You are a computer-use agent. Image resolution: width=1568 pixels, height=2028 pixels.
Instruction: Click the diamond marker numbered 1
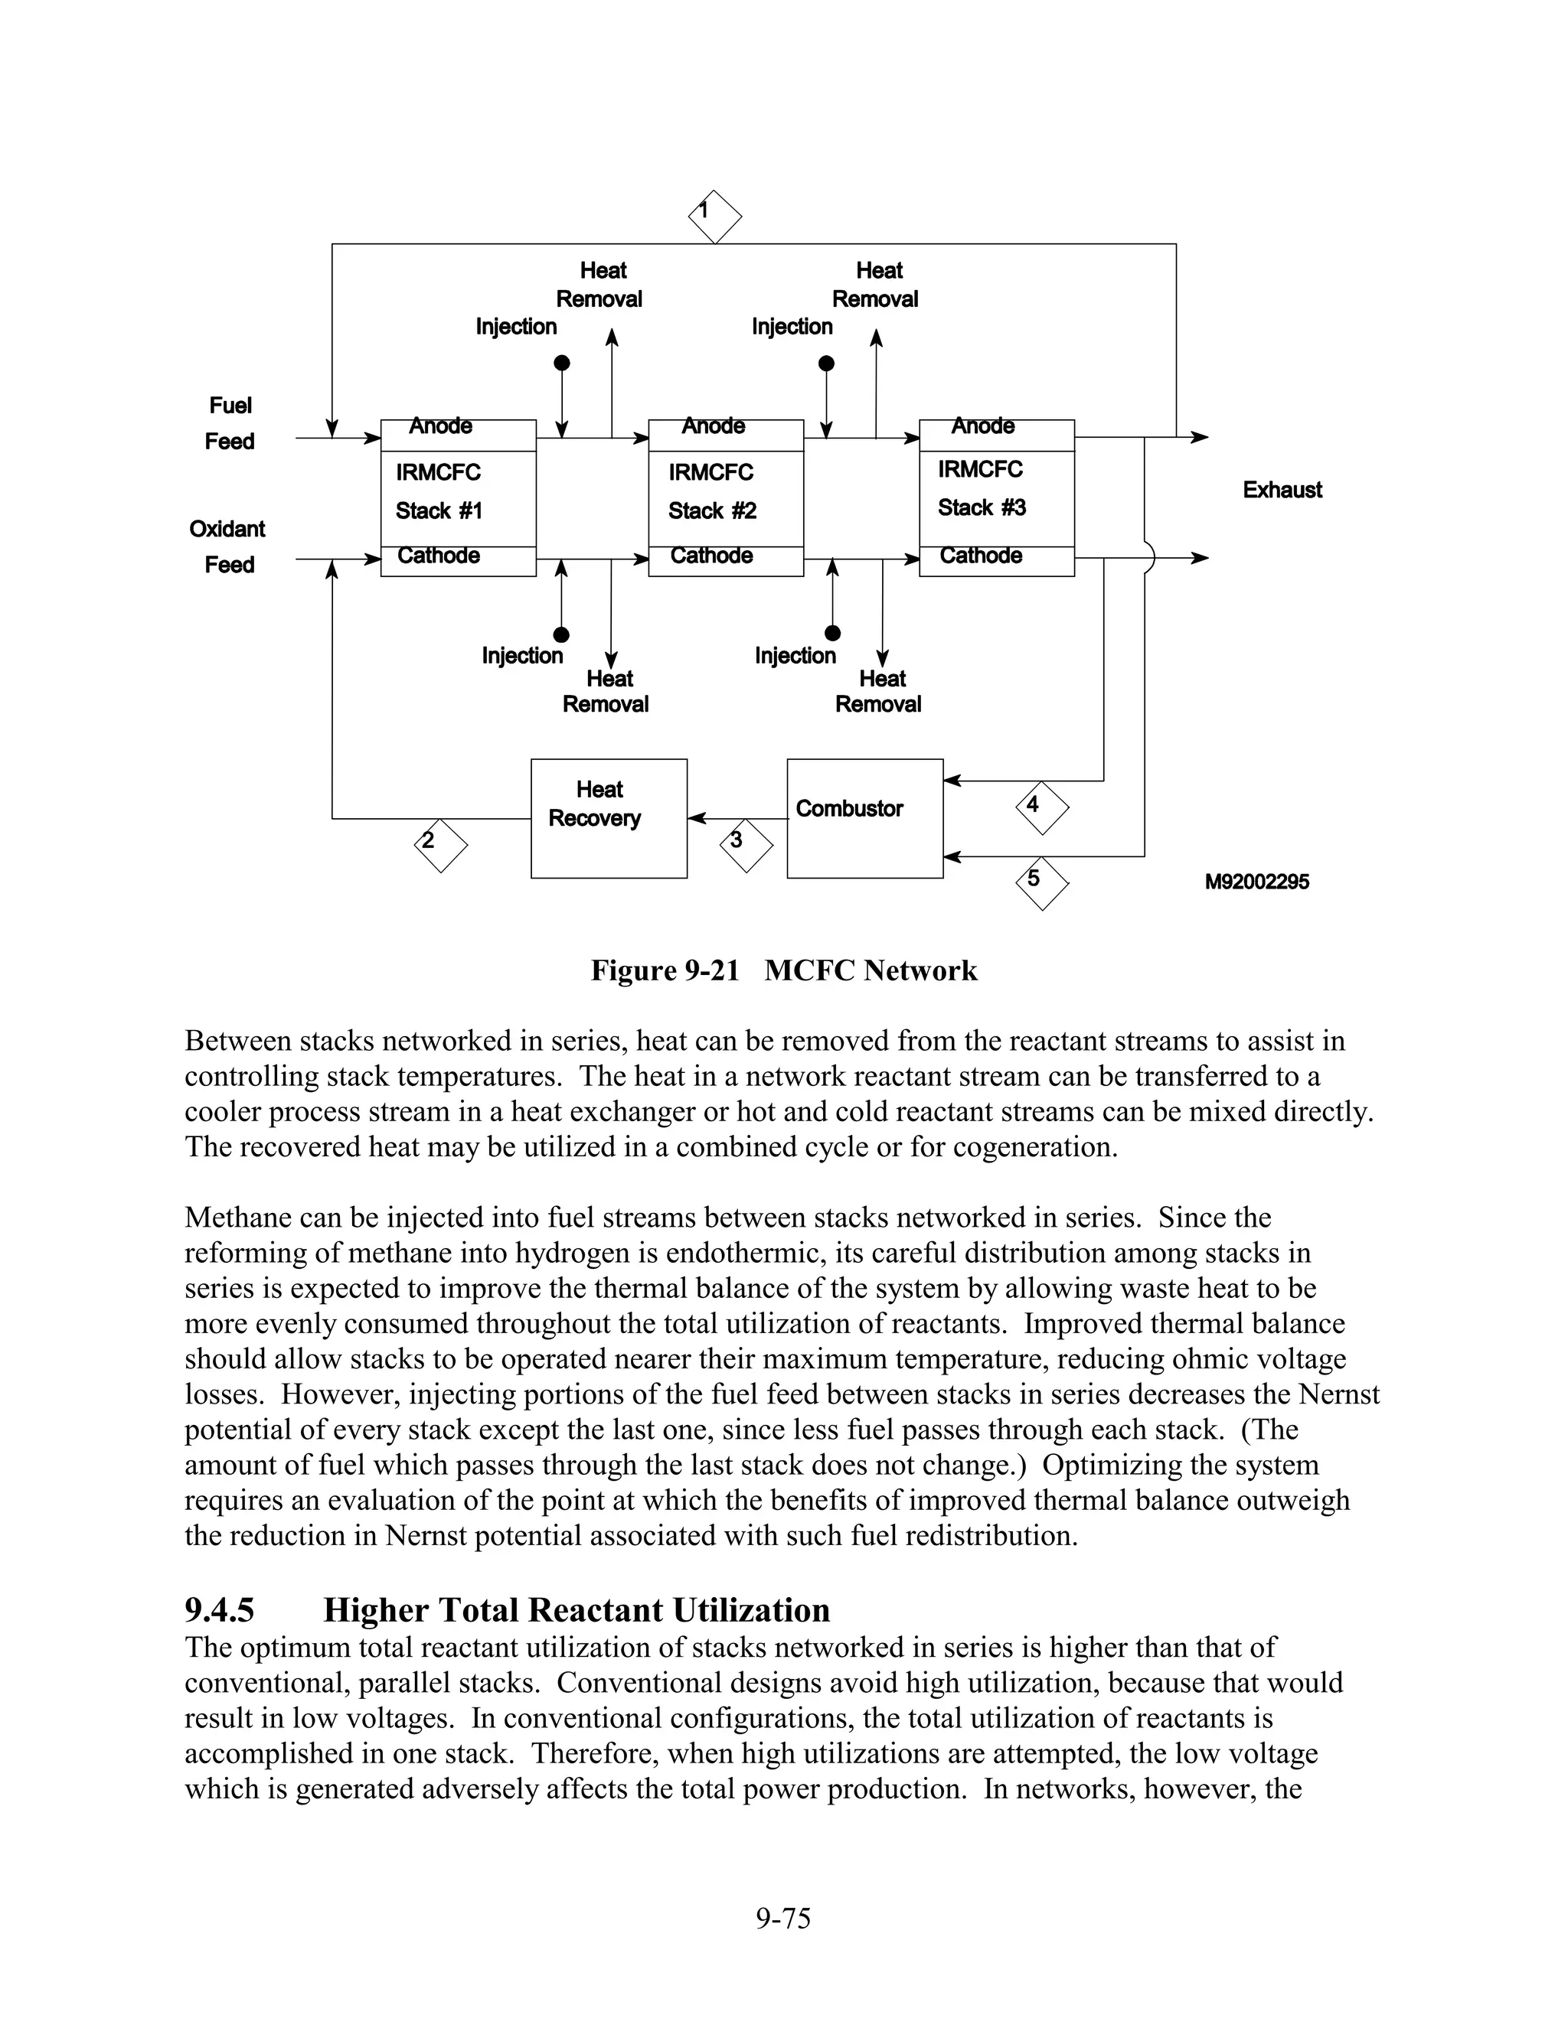714,217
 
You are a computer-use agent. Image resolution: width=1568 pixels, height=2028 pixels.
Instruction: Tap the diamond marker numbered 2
440,845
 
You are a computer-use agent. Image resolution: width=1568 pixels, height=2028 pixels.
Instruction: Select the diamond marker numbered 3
746,845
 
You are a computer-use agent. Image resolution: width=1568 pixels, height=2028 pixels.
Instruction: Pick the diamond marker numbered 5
1042,883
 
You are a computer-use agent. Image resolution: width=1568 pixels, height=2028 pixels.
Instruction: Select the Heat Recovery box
609,818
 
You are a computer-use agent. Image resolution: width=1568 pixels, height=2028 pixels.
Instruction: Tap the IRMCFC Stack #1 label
439,492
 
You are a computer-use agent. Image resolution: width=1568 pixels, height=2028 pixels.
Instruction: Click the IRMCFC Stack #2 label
711,492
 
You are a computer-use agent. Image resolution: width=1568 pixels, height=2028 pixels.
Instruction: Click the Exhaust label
1282,491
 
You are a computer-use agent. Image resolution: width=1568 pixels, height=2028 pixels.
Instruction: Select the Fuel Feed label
230,423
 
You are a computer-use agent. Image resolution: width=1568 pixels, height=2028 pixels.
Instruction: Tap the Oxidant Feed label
227,547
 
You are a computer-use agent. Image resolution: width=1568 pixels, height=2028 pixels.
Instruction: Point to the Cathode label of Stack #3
980,556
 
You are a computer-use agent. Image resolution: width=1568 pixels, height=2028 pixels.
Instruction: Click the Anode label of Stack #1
440,426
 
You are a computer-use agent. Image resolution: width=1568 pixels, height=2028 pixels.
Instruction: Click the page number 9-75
783,1919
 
